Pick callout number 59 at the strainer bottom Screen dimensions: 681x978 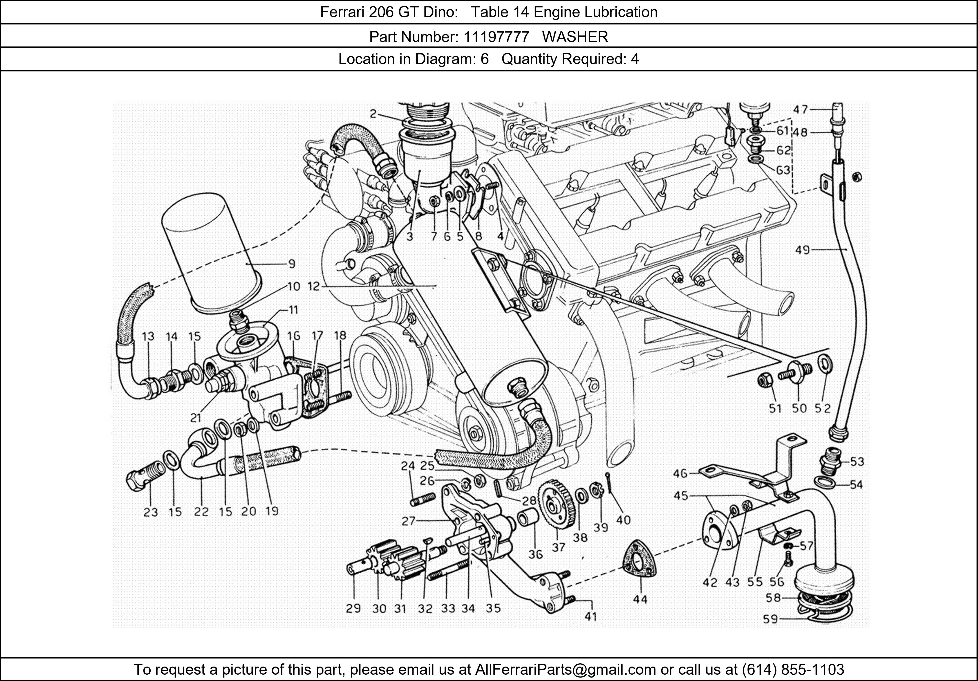pos(770,619)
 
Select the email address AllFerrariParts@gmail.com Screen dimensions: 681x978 pos(565,670)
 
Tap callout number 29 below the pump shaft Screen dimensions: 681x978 pos(353,609)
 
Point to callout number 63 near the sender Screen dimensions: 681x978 pos(783,170)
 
